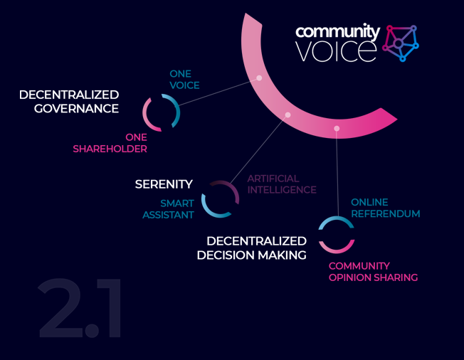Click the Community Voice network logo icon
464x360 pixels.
click(401, 43)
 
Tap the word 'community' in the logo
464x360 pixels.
click(337, 32)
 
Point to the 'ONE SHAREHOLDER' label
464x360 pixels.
click(110, 143)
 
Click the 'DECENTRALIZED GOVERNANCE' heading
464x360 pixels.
click(69, 102)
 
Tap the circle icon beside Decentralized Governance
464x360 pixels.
click(160, 112)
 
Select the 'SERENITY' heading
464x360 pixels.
click(164, 184)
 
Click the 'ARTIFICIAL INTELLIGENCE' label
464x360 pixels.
click(282, 184)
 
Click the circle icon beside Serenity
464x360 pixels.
click(220, 198)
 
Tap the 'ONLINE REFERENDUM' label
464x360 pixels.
click(385, 208)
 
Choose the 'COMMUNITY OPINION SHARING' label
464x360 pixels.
click(373, 272)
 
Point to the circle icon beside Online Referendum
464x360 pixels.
click(336, 235)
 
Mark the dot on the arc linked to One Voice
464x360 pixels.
click(259, 78)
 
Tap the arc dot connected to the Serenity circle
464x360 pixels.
click(288, 115)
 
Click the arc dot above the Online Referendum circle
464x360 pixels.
click(337, 129)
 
